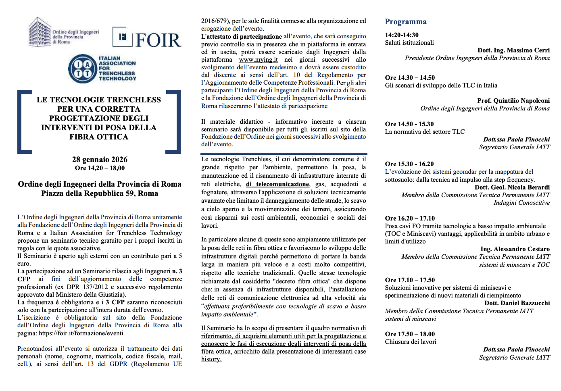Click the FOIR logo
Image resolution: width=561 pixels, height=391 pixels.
[146, 38]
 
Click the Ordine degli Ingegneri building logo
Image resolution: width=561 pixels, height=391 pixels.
[40, 32]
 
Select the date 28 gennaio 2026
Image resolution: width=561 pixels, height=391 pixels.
[100, 160]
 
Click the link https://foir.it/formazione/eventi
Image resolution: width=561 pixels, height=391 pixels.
[81, 333]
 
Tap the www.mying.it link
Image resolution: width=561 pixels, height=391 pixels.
[258, 60]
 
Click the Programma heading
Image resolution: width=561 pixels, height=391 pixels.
[405, 22]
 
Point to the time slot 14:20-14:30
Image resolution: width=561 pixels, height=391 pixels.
[402, 35]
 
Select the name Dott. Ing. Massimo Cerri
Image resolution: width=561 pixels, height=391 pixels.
[513, 50]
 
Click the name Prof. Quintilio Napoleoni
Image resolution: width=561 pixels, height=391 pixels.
[513, 101]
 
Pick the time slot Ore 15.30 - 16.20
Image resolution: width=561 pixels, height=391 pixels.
[409, 164]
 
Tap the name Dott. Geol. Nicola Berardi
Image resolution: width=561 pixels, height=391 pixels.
[512, 187]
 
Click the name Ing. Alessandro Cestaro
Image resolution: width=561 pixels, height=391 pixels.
[515, 249]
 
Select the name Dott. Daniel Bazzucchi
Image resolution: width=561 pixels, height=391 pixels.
[517, 303]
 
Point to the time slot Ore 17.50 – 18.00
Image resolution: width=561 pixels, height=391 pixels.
[410, 334]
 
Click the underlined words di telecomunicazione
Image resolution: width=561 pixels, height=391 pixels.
[277, 184]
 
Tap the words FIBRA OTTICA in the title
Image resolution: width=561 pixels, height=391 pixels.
[99, 137]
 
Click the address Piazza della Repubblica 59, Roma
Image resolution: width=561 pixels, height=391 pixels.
[100, 193]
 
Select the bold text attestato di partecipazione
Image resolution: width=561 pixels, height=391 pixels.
[244, 36]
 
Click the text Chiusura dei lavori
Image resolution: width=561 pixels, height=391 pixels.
[411, 342]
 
